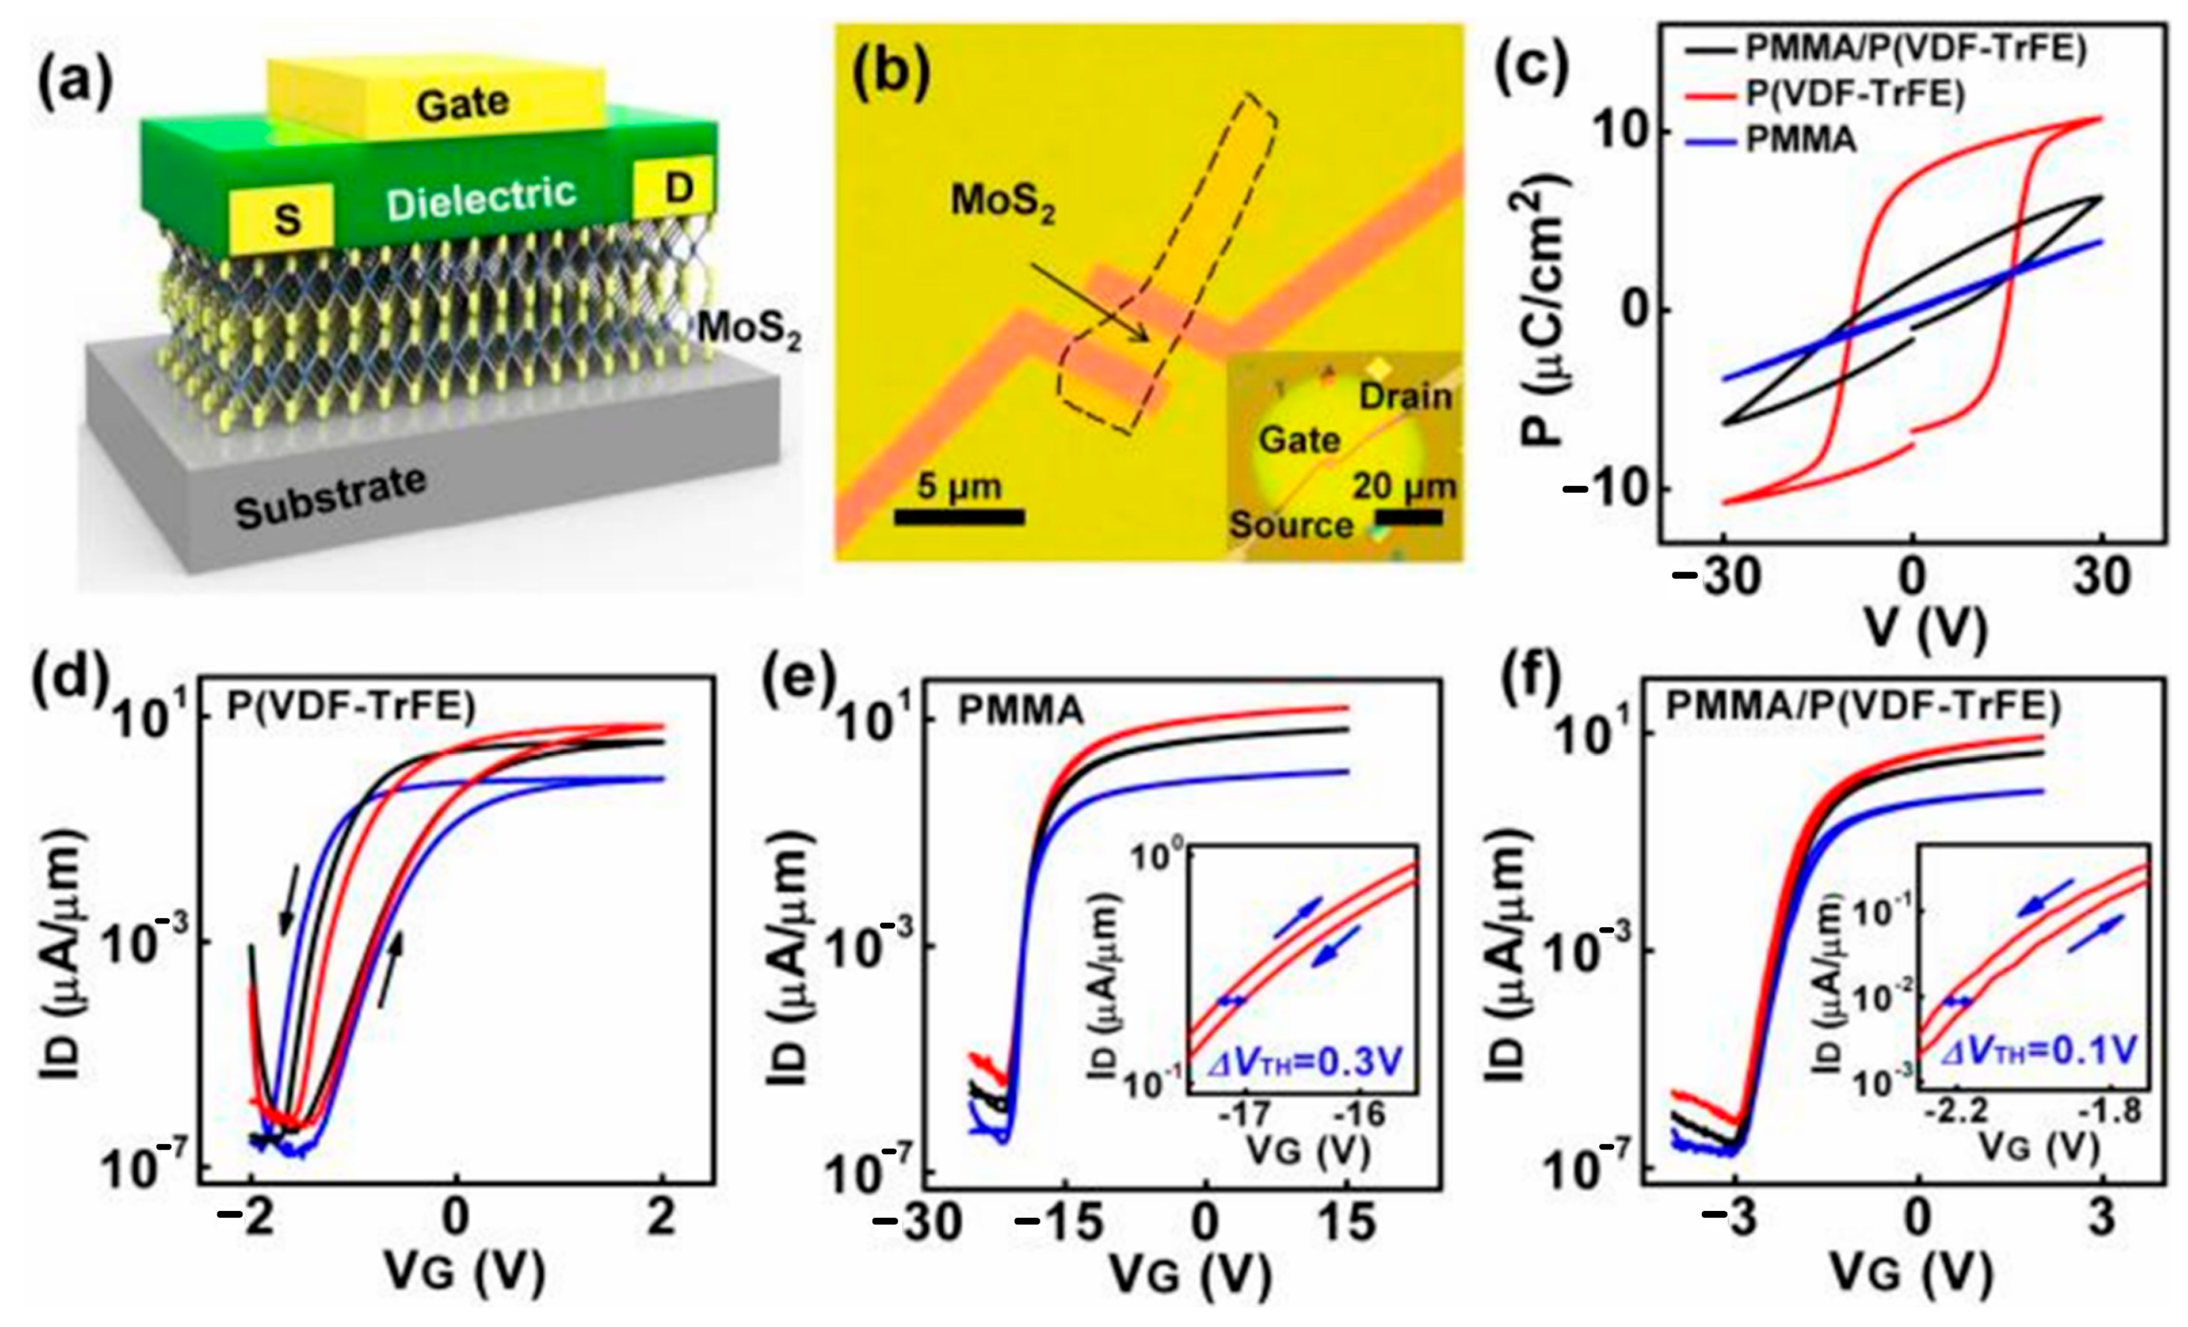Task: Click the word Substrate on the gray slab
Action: click(x=330, y=498)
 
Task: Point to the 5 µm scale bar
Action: click(x=959, y=516)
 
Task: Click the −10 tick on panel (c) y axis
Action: click(x=1607, y=490)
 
